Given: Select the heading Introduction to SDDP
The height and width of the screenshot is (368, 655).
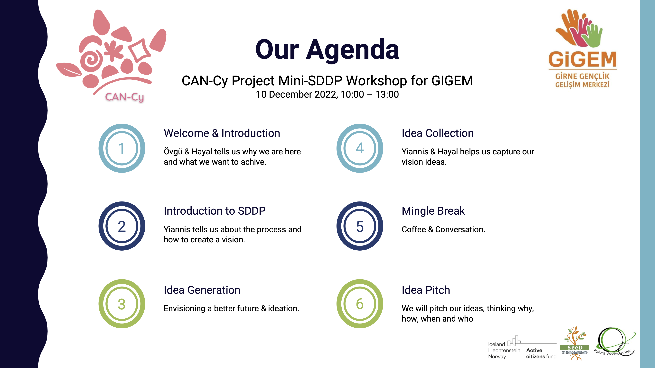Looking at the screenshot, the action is pyautogui.click(x=215, y=211).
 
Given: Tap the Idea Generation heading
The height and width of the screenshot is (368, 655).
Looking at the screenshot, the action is pyautogui.click(x=202, y=290).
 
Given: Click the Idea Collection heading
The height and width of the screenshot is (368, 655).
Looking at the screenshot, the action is pyautogui.click(x=438, y=133).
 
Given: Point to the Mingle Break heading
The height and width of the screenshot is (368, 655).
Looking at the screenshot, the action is pyautogui.click(x=433, y=211).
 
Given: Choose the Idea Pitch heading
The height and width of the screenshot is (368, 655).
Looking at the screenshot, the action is pyautogui.click(x=426, y=290).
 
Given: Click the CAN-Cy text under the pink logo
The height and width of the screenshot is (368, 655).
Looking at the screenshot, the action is pyautogui.click(x=125, y=97).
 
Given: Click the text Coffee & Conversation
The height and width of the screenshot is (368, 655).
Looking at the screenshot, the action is pyautogui.click(x=443, y=229).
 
